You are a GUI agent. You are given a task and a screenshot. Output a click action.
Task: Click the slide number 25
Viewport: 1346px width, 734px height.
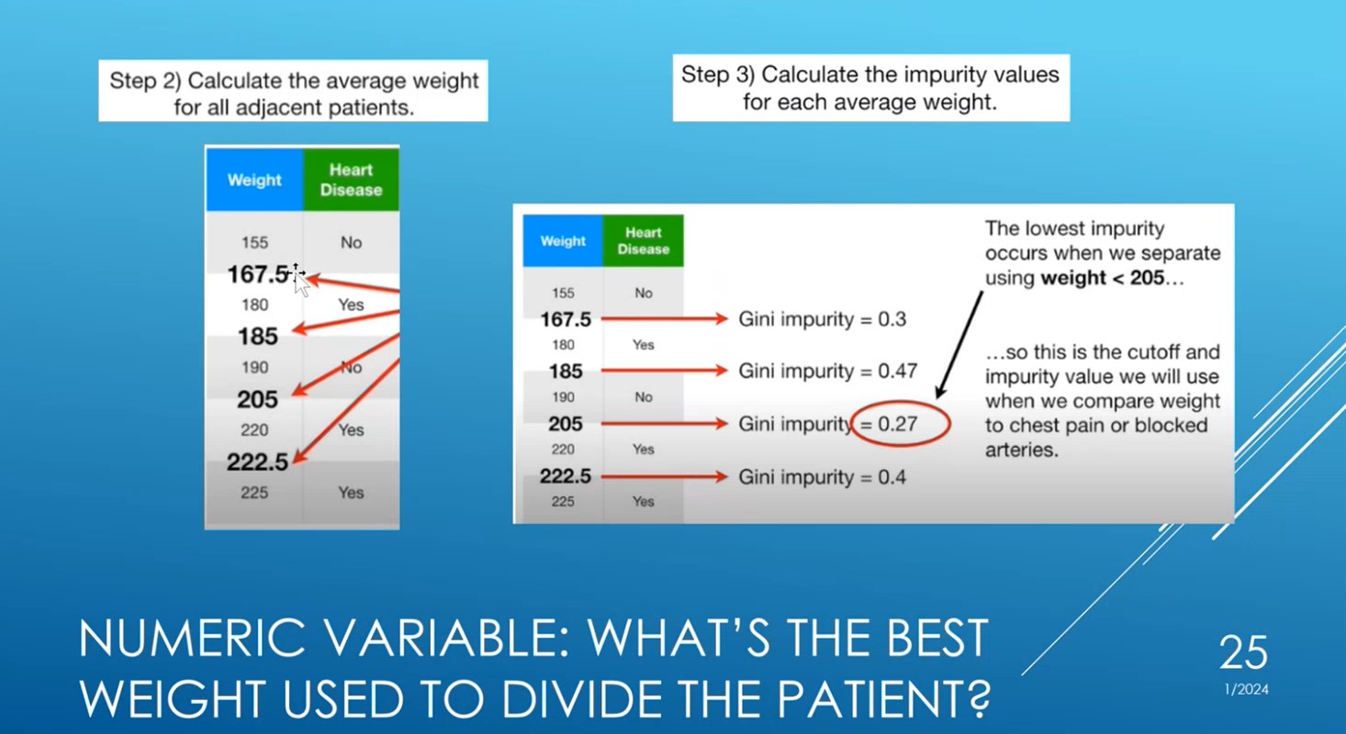1243,653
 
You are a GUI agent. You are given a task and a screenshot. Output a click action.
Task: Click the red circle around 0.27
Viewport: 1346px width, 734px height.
900,425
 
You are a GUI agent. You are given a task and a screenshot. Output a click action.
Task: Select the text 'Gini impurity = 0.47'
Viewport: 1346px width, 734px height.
828,372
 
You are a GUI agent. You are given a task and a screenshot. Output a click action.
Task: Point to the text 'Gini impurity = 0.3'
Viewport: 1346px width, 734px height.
823,319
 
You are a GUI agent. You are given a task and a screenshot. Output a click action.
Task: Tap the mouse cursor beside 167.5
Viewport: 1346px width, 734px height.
299,279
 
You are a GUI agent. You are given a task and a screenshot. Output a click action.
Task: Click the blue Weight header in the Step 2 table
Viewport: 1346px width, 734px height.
254,180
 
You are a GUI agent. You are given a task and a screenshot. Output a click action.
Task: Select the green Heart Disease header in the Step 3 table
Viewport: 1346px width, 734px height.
643,241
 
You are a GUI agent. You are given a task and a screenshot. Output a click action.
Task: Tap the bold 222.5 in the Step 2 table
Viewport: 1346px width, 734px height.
258,462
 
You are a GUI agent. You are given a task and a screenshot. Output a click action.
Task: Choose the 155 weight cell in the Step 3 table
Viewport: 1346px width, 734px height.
563,294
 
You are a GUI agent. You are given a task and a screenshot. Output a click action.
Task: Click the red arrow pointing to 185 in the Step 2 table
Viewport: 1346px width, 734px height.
345,321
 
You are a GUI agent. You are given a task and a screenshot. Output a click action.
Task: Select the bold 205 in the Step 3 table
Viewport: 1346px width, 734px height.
566,424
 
